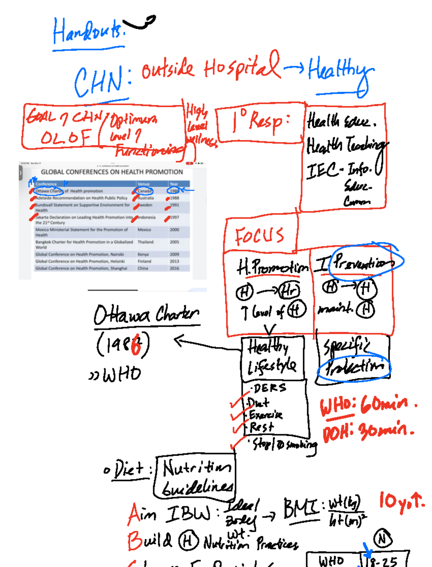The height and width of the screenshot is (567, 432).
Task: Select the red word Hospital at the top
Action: coord(241,67)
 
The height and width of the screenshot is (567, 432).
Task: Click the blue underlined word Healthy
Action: coord(340,70)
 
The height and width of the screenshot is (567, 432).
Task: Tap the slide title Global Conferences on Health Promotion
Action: coord(112,172)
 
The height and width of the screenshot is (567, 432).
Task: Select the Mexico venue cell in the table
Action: coord(144,229)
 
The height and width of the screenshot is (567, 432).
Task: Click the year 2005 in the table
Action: coord(175,242)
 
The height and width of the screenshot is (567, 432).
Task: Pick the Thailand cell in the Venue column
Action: coord(145,242)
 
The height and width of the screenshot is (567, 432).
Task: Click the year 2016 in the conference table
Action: coord(175,268)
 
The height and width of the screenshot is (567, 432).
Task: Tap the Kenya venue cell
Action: coord(143,254)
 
